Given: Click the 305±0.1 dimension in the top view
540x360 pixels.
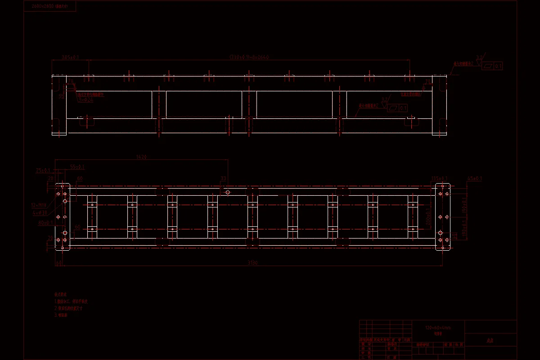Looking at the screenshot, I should tap(70, 58).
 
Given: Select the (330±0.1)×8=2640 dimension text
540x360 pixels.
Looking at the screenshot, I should tap(249, 58).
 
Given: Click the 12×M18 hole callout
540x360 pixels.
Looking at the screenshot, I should tap(39, 205).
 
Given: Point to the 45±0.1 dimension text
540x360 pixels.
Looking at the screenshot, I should tap(474, 179).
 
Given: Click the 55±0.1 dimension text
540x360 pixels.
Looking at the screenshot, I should tap(77, 167).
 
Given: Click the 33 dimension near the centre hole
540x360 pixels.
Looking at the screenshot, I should tap(223, 179).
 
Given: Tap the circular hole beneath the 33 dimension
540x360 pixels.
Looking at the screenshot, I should tap(228, 192).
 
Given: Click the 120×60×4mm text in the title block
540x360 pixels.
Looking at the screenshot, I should tap(438, 328).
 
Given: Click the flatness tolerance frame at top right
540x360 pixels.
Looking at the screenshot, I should tap(492, 66).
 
